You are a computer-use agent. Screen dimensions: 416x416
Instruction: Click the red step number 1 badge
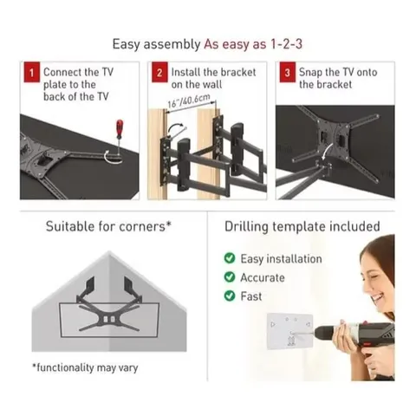point(29,74)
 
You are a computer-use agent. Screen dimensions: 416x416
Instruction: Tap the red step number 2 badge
point(159,74)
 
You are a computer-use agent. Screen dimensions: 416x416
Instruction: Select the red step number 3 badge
point(287,74)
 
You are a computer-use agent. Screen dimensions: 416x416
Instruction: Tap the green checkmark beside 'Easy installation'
point(229,258)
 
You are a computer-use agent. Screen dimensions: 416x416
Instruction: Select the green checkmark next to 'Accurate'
point(229,277)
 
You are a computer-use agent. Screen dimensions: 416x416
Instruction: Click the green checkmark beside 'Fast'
point(229,296)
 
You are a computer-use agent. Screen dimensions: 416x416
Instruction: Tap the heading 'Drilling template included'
point(302,227)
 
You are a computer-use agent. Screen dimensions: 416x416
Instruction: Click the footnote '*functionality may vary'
point(85,367)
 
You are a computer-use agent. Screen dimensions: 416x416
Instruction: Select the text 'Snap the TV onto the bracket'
point(338,78)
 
